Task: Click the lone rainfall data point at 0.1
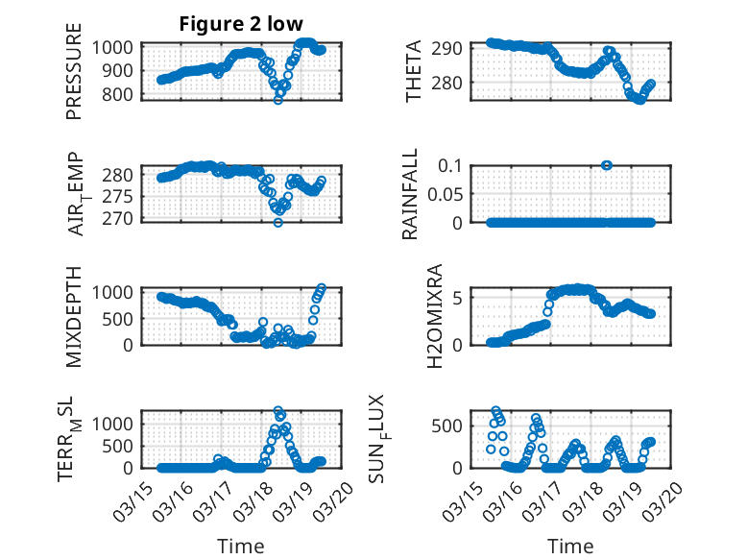pos(607,165)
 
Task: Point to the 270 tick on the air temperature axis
pos(122,218)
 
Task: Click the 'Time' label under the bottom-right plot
pos(570,546)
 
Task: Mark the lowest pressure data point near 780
pos(278,99)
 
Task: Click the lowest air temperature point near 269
pos(278,222)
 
